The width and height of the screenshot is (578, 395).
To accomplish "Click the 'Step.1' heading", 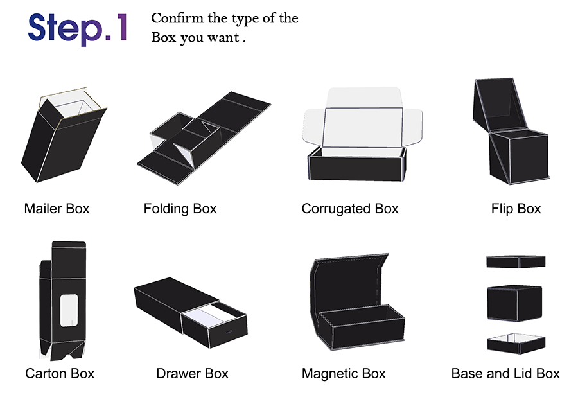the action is tap(78, 29).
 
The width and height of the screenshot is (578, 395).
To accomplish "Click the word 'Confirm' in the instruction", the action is tap(177, 18).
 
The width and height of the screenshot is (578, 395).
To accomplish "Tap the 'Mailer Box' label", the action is tap(57, 209).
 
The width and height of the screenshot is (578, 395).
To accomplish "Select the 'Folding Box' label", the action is tap(180, 209).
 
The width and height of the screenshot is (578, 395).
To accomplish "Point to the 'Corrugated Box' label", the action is tap(350, 209).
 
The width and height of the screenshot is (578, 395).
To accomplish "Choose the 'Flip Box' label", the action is tap(516, 209).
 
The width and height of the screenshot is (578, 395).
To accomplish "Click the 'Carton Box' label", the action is tap(60, 374).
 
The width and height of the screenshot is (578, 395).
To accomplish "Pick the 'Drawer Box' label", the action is tap(192, 374).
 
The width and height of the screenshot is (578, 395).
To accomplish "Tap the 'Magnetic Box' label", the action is tap(344, 374).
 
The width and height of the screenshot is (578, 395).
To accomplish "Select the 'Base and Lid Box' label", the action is tap(505, 374).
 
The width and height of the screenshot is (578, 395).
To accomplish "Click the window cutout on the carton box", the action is tap(69, 310).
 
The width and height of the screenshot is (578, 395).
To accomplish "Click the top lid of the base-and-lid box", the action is tap(516, 261).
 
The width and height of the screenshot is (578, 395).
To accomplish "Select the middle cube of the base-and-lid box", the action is tap(514, 303).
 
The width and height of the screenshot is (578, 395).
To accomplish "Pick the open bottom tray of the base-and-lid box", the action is tap(516, 344).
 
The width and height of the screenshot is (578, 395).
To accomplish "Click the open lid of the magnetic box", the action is tap(348, 284).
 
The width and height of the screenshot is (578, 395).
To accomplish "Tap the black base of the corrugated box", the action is tap(357, 168).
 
